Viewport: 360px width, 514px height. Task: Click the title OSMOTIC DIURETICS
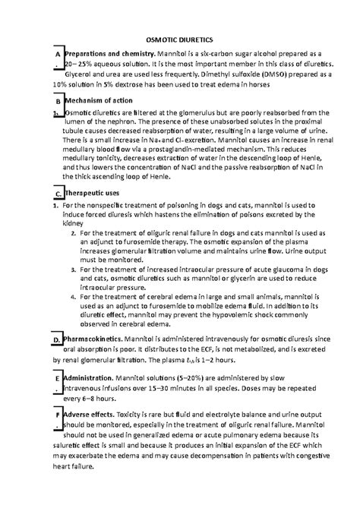coord(179,38)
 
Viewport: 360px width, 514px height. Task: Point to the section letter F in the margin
coord(57,415)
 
